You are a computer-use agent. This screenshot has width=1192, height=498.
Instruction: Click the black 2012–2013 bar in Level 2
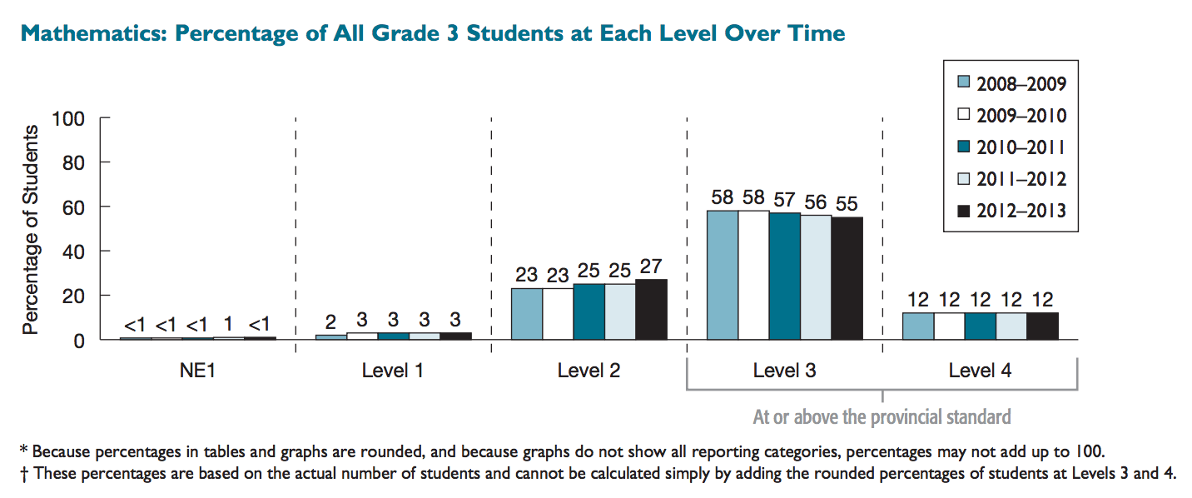coord(652,309)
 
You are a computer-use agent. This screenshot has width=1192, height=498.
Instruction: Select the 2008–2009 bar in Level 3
coord(722,275)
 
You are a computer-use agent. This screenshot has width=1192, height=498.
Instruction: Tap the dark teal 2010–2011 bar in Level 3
coord(784,276)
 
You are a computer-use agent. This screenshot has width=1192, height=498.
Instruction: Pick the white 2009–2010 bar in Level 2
coord(558,313)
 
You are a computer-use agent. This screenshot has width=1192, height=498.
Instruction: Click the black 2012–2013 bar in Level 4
coord(1042,326)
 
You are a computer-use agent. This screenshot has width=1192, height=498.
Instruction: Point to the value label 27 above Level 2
coord(652,268)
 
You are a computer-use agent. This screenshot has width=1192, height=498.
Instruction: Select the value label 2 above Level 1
coord(330,321)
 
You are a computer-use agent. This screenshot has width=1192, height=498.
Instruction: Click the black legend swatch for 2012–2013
coord(964,212)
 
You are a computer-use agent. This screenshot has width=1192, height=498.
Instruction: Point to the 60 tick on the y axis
coord(72,207)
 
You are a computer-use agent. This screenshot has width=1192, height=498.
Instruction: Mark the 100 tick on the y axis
coord(68,118)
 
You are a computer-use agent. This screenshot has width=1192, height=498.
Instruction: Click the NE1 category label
coord(197,371)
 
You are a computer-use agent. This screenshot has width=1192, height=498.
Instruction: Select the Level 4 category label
coord(980,371)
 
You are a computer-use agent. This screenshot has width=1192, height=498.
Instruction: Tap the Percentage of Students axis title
coord(31,230)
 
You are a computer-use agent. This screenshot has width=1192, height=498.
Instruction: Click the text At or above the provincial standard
coord(882,416)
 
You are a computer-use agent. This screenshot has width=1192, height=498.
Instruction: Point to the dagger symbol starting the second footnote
coord(23,474)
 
